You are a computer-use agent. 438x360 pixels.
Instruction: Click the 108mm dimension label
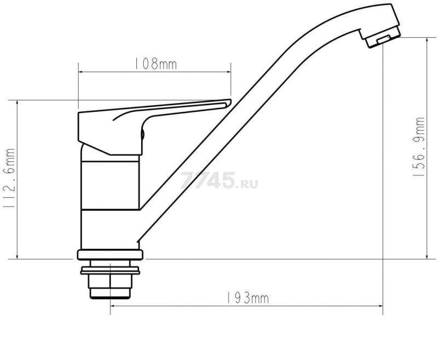(155, 64)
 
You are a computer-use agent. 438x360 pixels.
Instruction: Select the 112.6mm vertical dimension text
(9, 178)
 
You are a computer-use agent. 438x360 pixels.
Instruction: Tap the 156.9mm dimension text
(418, 146)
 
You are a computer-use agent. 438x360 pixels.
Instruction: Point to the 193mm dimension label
(247, 298)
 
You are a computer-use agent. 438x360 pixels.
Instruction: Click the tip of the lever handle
(230, 101)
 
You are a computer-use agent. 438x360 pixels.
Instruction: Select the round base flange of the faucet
(110, 255)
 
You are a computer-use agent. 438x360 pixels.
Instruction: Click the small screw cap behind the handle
(142, 134)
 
